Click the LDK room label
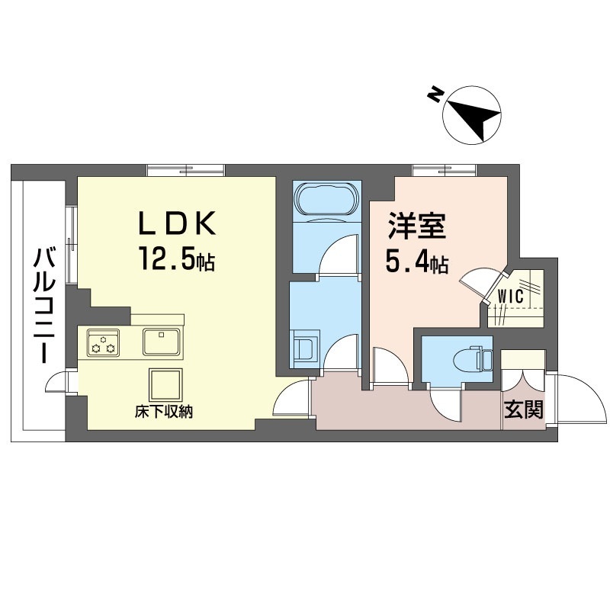[x=178, y=223]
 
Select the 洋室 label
[x=416, y=226]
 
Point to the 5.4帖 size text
[x=416, y=262]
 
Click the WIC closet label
[x=510, y=297]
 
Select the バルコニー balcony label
[x=44, y=306]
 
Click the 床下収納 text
[x=164, y=412]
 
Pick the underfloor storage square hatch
[x=165, y=384]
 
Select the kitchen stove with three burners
[x=103, y=342]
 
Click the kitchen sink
[x=162, y=342]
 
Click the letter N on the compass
[x=435, y=95]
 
